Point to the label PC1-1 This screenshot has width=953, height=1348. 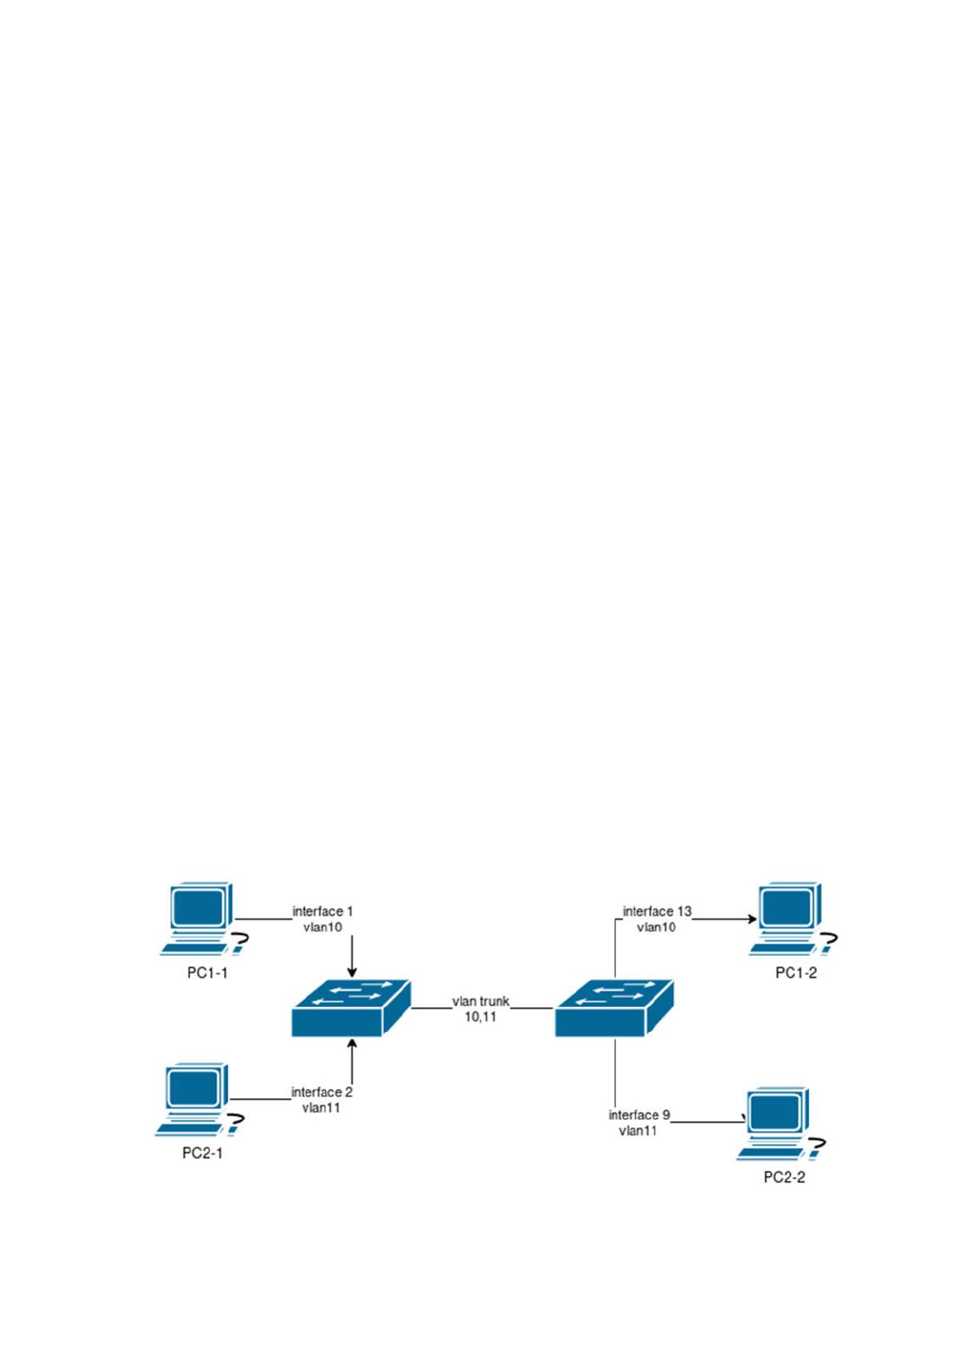pyautogui.click(x=207, y=973)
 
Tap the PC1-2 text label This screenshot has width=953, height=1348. pyautogui.click(x=796, y=973)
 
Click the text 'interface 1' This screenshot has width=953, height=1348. pyautogui.click(x=322, y=912)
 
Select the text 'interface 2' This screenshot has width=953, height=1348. pyautogui.click(x=322, y=1092)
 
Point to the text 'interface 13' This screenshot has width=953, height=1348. pyautogui.click(x=657, y=912)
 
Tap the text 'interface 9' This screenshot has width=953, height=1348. pyautogui.click(x=639, y=1115)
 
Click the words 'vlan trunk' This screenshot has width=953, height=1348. pyautogui.click(x=481, y=1001)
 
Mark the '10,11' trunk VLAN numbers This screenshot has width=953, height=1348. pyautogui.click(x=480, y=1017)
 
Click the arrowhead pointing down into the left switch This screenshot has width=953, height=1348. pyautogui.click(x=352, y=973)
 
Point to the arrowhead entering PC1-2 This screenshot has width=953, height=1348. pyautogui.click(x=752, y=920)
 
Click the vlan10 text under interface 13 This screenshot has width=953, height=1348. pyautogui.click(x=656, y=928)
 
